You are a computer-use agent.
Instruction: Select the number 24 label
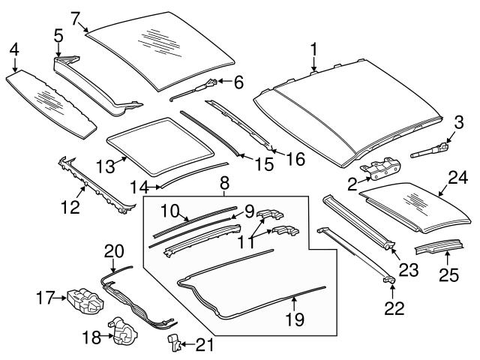click(x=457, y=178)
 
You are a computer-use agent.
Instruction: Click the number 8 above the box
click(x=223, y=182)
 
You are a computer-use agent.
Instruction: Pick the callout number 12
click(x=70, y=205)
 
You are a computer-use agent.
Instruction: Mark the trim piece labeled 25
click(x=439, y=247)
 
